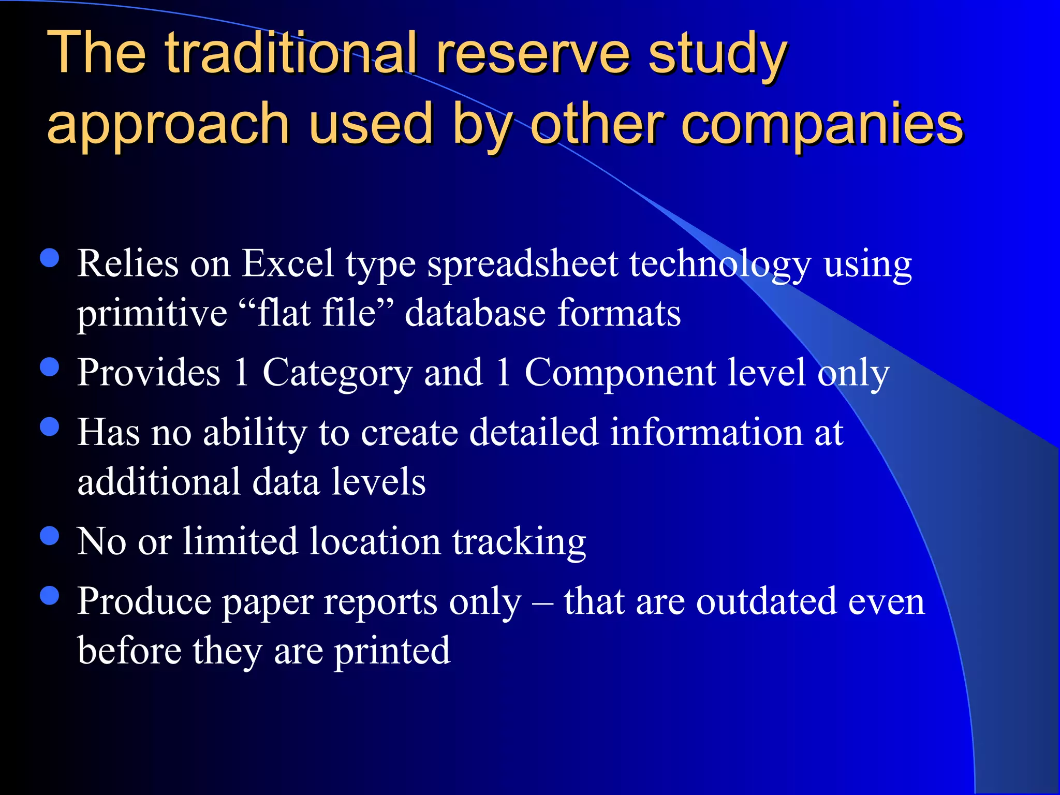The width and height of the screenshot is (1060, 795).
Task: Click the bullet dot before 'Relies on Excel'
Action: (50, 258)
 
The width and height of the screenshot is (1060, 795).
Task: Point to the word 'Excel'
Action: (288, 264)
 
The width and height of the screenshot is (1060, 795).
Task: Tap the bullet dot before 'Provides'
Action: (50, 367)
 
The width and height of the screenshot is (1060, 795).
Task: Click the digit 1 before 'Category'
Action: (241, 373)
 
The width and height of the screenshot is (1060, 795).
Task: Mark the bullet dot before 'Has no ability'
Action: (50, 427)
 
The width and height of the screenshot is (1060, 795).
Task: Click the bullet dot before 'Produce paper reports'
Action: (50, 596)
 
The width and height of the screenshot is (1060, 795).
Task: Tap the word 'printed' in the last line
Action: (392, 651)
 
